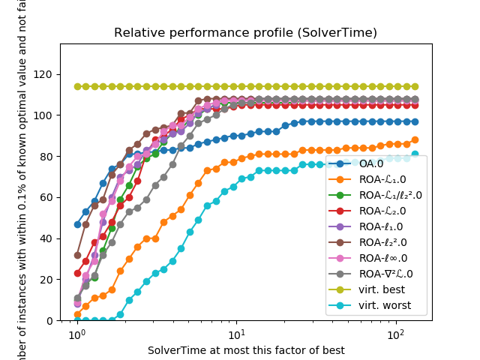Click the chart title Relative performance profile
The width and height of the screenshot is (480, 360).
pyautogui.click(x=245, y=33)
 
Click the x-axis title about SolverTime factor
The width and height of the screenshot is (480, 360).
pyautogui.click(x=246, y=350)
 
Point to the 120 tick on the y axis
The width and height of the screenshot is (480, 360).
pyautogui.click(x=45, y=75)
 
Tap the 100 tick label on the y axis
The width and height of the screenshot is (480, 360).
pyautogui.click(x=45, y=115)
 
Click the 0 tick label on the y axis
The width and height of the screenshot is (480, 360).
pyautogui.click(x=50, y=320)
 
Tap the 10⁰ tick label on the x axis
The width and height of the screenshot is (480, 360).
pyautogui.click(x=76, y=334)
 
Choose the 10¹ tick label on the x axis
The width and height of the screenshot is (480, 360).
pyautogui.click(x=236, y=334)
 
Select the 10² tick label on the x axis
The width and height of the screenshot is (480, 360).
pyautogui.click(x=397, y=334)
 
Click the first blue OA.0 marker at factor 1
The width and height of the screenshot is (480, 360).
pyautogui.click(x=77, y=224)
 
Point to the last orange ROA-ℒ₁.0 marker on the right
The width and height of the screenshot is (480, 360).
pyautogui.click(x=415, y=139)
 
